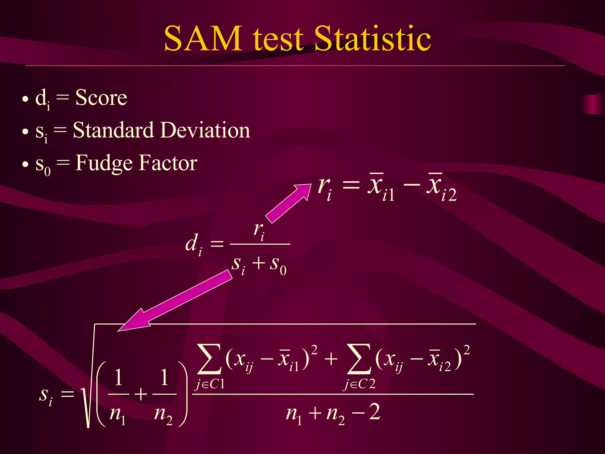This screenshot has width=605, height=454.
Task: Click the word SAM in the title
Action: click(x=203, y=39)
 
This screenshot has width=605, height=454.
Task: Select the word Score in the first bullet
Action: click(x=101, y=98)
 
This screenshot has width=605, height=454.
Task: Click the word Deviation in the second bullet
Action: click(x=206, y=130)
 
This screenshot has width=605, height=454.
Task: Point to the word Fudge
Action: click(x=104, y=163)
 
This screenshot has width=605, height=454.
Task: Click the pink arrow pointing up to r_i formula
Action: click(x=288, y=203)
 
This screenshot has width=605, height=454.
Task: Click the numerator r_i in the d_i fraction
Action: click(x=259, y=231)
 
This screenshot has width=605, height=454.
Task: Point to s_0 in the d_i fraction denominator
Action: click(x=278, y=265)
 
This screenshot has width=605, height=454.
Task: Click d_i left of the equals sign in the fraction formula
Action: click(x=194, y=244)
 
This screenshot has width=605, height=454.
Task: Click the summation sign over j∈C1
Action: click(x=209, y=359)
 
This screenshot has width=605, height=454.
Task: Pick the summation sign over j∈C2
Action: click(x=359, y=359)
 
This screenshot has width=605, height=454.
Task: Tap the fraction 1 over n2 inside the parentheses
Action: click(x=164, y=395)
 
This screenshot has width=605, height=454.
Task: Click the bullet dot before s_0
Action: click(x=25, y=164)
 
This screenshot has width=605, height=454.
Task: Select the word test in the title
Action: click(x=278, y=39)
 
